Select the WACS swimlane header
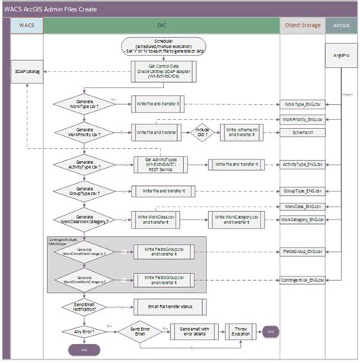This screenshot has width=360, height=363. coord(26,26)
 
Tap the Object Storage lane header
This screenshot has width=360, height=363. coord(302,26)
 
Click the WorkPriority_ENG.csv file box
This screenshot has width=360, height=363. coord(302,119)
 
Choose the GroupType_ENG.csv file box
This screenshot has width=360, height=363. coord(302,191)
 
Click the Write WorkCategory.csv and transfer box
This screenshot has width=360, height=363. coord(240,220)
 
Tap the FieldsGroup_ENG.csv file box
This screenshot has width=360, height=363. coord(302,250)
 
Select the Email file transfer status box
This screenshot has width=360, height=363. coord(160,307)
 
